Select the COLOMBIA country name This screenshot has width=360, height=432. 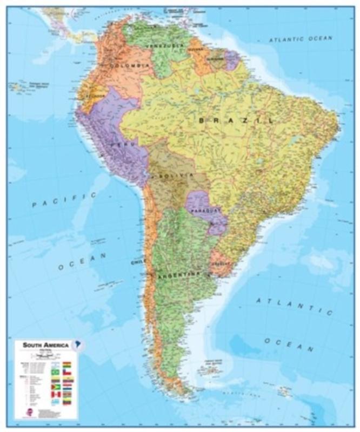[129, 65]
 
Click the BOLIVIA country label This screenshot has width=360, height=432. [174, 176]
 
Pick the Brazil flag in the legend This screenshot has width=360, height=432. [55, 373]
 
